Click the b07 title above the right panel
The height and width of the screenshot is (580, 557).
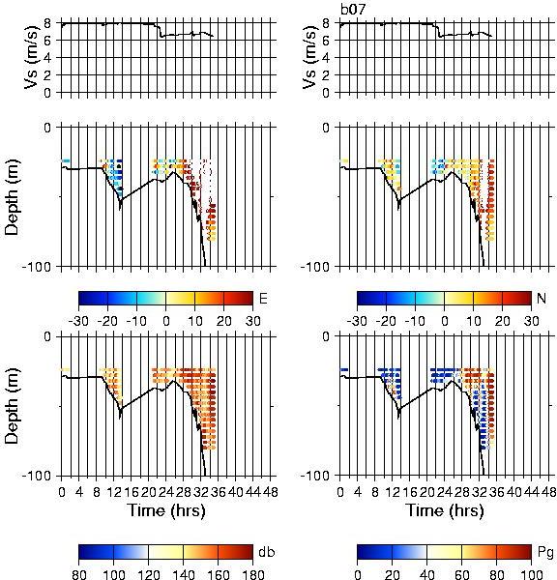click(x=352, y=10)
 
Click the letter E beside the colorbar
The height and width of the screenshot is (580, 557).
click(x=263, y=298)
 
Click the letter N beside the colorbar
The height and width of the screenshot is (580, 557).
click(x=542, y=298)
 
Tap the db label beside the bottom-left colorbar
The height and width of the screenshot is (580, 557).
click(x=267, y=552)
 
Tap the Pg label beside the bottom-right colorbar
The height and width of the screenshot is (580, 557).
click(x=545, y=553)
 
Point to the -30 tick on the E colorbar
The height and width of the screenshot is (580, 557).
click(x=78, y=321)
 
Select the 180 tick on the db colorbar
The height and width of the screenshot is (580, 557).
click(x=252, y=574)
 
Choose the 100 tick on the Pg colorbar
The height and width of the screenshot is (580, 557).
click(x=532, y=574)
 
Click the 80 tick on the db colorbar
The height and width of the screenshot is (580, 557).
click(x=79, y=574)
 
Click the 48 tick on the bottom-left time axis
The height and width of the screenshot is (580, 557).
click(x=270, y=492)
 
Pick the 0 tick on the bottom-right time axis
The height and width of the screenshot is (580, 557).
click(x=340, y=492)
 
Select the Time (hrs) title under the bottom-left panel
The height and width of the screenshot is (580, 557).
click(x=166, y=510)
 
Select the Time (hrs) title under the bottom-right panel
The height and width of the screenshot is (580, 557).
click(x=445, y=510)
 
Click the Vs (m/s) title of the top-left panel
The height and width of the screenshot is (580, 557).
click(x=31, y=57)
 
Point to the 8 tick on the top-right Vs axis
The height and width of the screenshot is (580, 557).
click(x=326, y=23)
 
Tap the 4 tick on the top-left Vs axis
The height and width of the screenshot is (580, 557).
click(x=47, y=58)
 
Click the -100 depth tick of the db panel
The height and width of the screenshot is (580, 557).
click(x=37, y=476)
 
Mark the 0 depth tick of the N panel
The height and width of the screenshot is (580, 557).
click(x=326, y=128)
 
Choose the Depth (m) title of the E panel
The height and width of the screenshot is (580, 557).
click(x=12, y=197)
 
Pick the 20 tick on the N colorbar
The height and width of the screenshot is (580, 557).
click(x=502, y=321)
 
